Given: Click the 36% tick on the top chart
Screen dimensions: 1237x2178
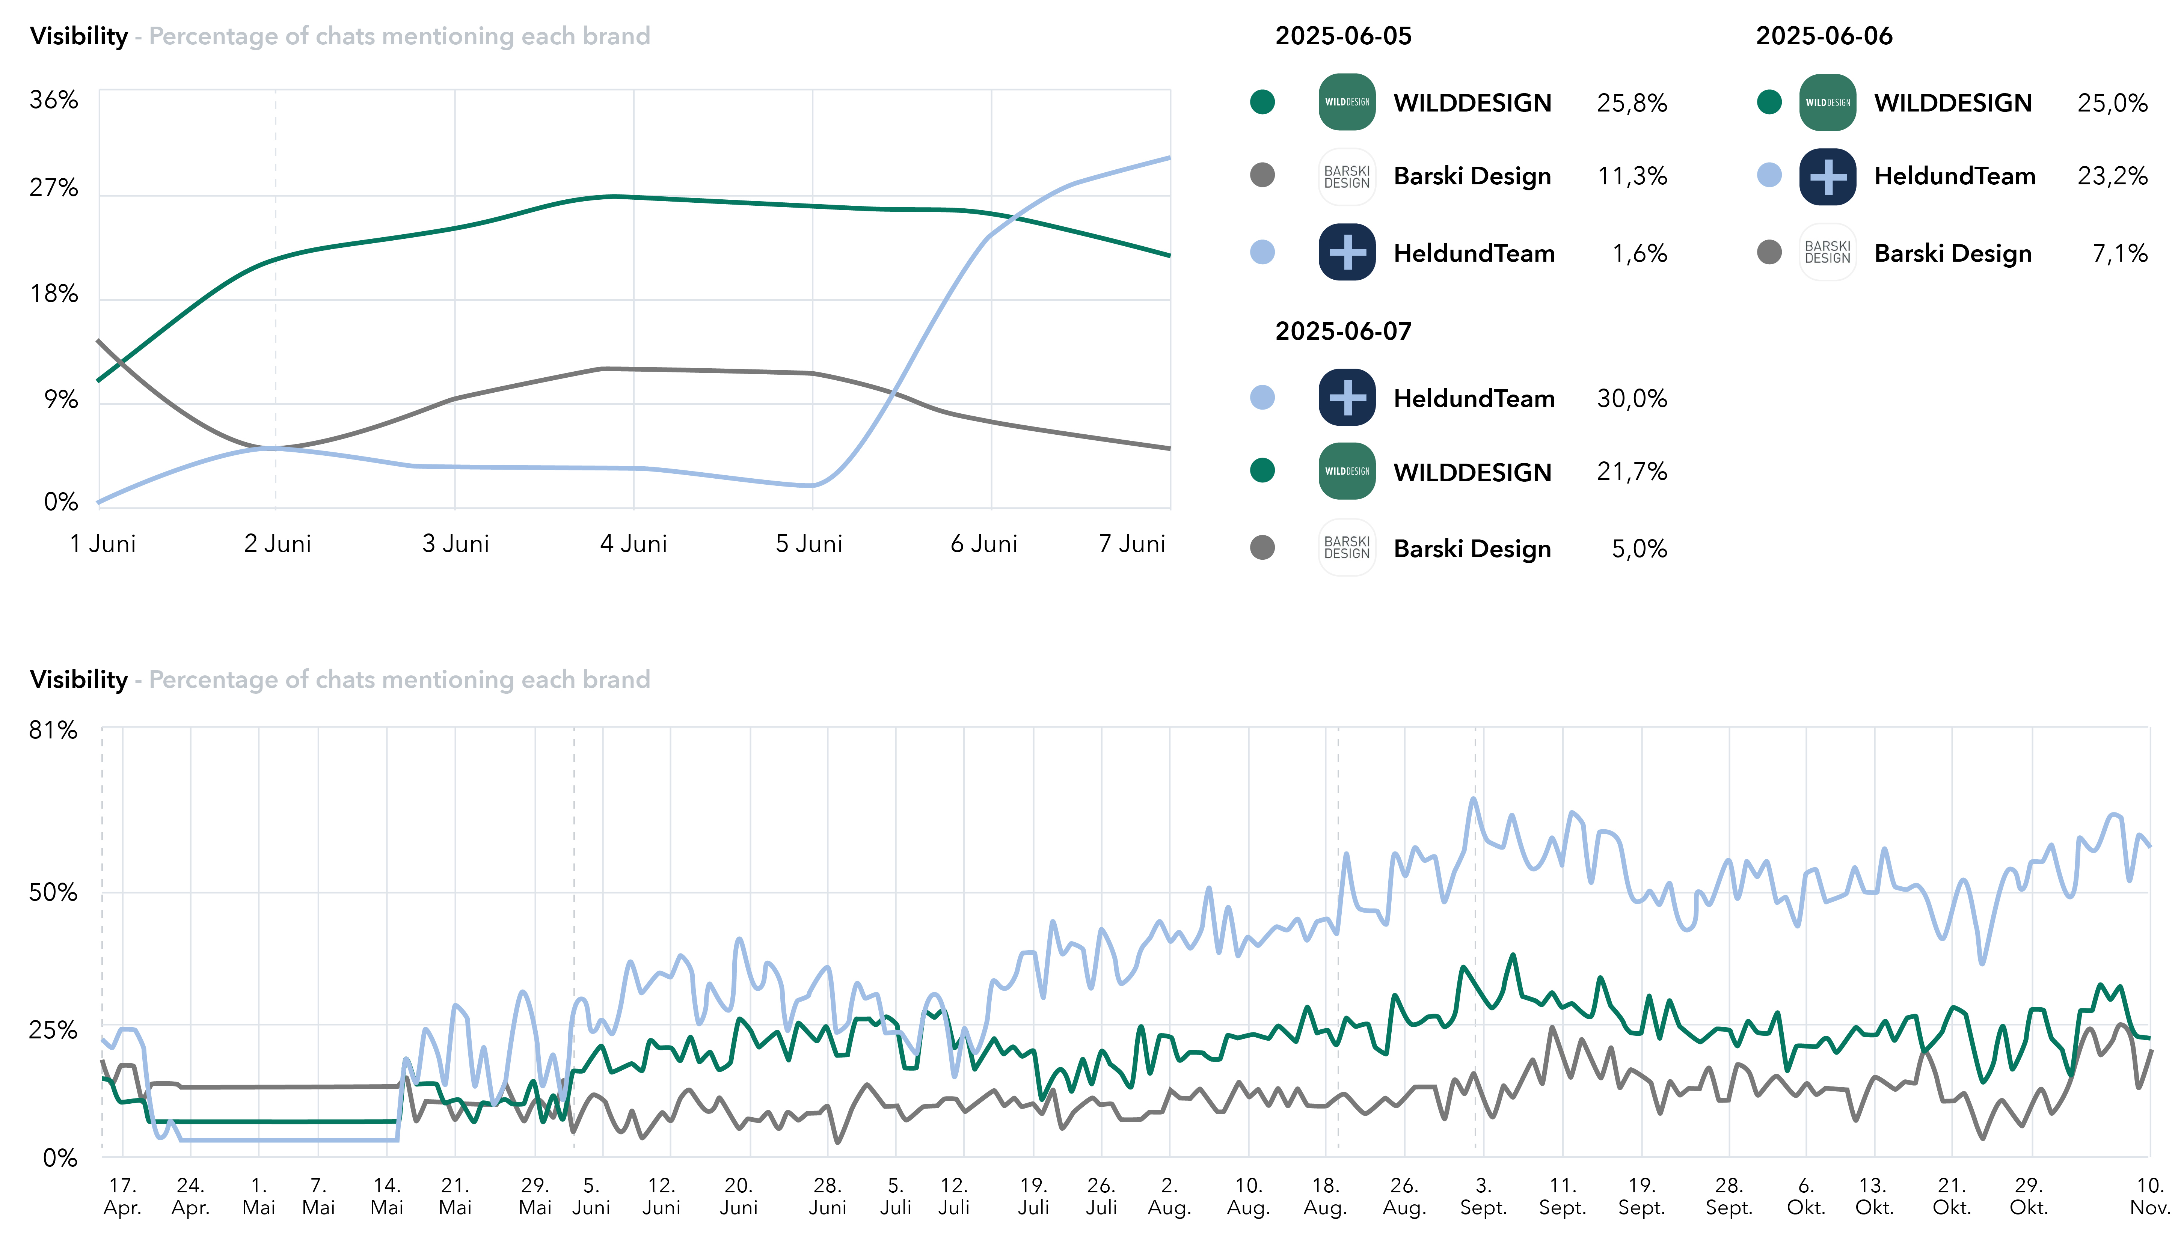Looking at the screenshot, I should [54, 100].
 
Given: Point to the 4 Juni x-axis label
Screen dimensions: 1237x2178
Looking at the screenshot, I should [633, 544].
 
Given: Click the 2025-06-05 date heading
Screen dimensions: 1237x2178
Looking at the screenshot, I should [1342, 36].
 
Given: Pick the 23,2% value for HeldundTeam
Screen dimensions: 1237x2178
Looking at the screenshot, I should [2112, 176].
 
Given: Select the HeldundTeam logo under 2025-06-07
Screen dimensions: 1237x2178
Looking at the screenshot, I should [1347, 398].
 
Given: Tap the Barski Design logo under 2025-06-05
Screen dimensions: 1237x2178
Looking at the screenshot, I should [1347, 177].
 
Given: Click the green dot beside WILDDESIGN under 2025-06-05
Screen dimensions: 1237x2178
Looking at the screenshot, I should [1263, 102].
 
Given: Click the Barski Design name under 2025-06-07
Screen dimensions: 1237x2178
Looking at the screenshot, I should [1472, 549].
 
